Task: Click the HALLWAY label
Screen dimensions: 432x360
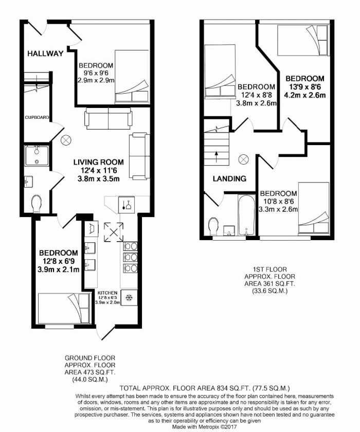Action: click(45, 53)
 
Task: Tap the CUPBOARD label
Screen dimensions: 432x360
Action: click(37, 118)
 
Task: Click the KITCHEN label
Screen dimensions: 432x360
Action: click(109, 292)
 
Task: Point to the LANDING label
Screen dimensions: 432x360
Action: click(230, 179)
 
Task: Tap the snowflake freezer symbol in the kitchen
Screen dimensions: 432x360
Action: click(129, 298)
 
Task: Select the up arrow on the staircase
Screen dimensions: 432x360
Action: click(215, 153)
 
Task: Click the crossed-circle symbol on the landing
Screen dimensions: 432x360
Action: click(243, 159)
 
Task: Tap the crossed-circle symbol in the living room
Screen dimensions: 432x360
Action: click(66, 140)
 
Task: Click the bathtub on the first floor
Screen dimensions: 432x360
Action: click(246, 215)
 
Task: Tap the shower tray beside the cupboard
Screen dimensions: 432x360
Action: click(37, 155)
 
